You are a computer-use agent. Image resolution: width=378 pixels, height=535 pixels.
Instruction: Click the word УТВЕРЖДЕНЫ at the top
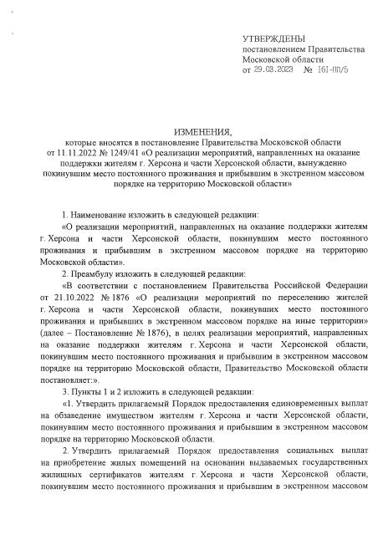273,38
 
